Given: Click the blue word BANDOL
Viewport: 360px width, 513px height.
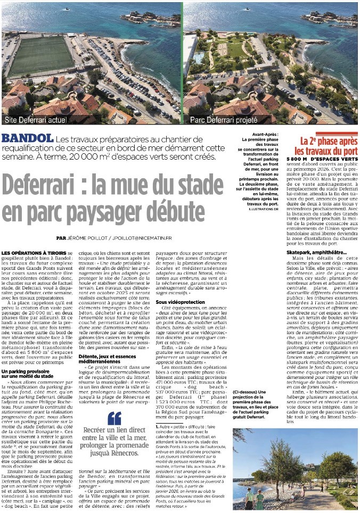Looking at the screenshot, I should pos(27,138).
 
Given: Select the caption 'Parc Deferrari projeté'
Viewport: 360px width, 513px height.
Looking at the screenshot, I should pos(223,120).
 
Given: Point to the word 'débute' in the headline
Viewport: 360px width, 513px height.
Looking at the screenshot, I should pos(173,211).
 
